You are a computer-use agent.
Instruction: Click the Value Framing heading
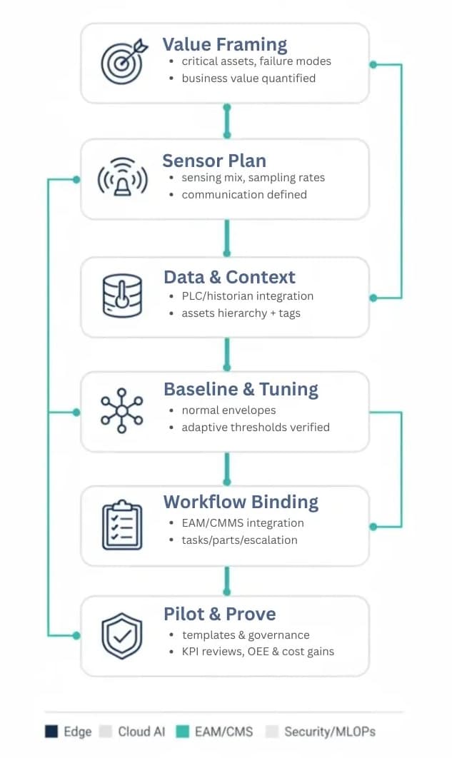click(225, 44)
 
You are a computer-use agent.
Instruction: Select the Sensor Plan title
click(214, 160)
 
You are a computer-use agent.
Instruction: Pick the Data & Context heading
click(229, 277)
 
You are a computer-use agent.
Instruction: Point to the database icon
click(123, 295)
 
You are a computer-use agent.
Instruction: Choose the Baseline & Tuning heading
click(241, 389)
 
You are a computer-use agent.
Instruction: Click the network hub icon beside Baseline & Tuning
click(122, 410)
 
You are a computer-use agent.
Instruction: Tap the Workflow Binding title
click(240, 502)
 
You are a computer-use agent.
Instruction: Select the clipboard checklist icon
click(122, 525)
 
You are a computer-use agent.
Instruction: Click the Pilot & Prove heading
click(220, 614)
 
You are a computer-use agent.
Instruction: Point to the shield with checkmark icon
click(122, 635)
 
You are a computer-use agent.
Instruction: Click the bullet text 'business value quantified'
click(248, 79)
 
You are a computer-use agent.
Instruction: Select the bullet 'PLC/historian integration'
click(247, 295)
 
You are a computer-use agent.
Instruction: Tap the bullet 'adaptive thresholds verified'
click(255, 428)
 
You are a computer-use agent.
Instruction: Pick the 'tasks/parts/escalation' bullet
click(239, 540)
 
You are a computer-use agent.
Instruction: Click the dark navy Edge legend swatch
click(51, 732)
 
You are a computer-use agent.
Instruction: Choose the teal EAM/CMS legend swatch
click(182, 732)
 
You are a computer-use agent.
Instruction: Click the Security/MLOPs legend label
click(329, 732)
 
